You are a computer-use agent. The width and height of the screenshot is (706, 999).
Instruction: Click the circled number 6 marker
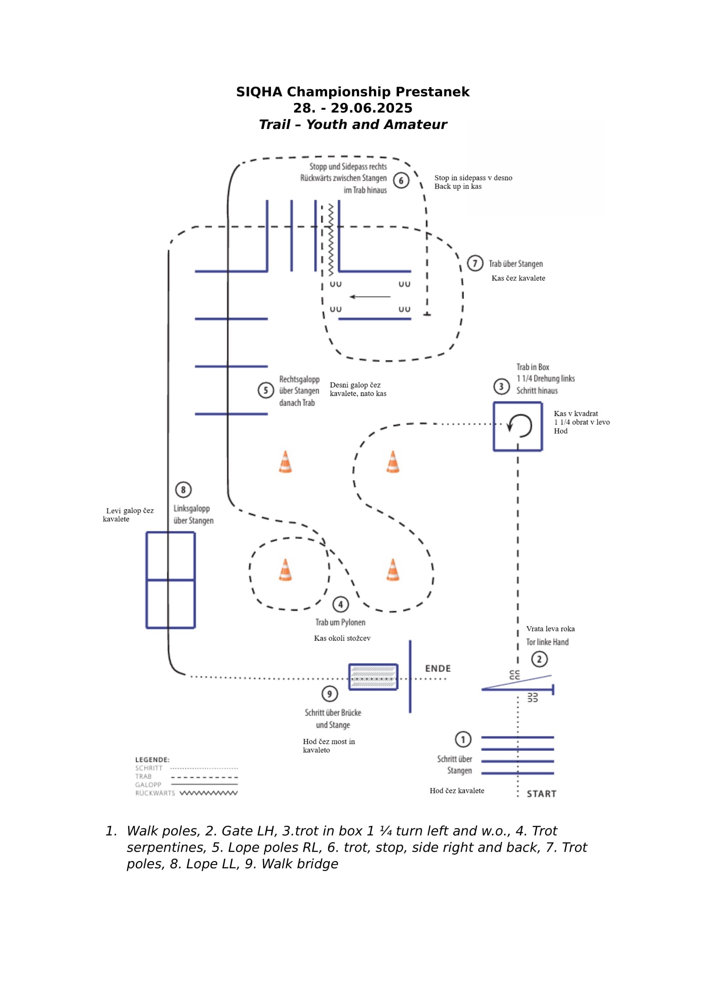pos(401,181)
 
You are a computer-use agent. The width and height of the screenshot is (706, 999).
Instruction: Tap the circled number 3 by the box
pos(501,387)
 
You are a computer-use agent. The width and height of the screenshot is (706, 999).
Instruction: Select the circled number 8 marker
pos(183,489)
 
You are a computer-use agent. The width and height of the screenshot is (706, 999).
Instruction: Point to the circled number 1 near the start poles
pos(463,739)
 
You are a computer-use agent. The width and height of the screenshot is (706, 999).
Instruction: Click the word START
pos(541,794)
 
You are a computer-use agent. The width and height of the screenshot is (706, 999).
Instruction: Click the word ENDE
pos(438,668)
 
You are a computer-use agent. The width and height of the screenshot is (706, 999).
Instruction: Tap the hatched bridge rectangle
pos(373,677)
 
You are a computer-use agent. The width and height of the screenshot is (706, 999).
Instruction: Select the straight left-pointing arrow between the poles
pos(370,297)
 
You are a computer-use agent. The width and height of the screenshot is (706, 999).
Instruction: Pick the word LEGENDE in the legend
pos(152,760)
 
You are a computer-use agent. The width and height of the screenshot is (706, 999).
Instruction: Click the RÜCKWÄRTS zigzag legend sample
pos(209,793)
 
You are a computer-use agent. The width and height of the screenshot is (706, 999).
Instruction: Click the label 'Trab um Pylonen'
pos(340,622)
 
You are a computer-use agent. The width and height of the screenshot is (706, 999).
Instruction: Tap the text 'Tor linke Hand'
pos(547,642)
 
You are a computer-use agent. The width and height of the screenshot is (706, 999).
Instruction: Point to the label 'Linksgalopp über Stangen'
pos(193,514)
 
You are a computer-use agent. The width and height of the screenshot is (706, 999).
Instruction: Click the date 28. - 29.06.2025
pos(353,108)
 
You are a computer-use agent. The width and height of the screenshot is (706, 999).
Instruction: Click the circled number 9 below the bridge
pos(330,694)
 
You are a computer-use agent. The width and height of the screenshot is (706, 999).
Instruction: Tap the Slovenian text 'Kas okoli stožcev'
pos(342,638)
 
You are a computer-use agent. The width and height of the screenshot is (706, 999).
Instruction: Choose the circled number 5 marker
pos(265,390)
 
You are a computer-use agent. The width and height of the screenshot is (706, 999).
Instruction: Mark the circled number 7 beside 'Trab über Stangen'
pos(475,263)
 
